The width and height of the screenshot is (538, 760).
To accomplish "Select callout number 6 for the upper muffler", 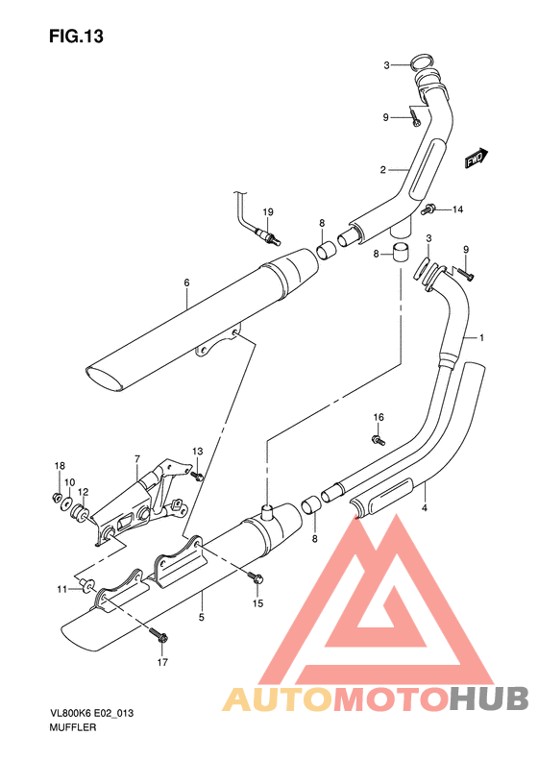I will coord(186,282).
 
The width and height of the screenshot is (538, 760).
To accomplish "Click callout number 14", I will coord(457,209).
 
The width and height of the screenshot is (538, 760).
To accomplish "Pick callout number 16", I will coord(379,417).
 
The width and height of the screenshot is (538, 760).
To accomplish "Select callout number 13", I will coord(197,451).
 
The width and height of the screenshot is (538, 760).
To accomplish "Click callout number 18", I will coord(59,466).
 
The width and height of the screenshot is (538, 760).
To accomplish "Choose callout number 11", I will coord(61,588).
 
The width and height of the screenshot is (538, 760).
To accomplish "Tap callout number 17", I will coord(161,662).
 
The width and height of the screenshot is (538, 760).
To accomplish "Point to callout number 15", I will coord(257,603).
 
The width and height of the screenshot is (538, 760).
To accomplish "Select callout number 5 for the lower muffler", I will coord(202,618).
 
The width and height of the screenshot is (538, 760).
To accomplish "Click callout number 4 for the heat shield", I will coord(425,508).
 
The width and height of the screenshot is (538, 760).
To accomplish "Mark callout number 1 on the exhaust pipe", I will coord(481,338).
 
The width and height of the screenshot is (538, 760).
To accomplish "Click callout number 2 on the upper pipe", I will coord(381,170).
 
